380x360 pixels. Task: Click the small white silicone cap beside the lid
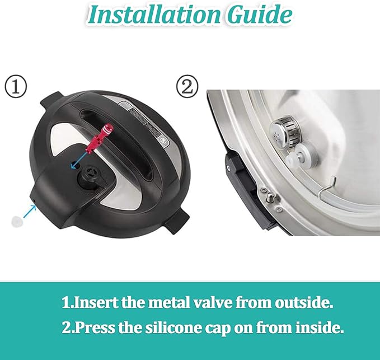[17, 221]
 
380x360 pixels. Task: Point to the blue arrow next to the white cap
[30, 212]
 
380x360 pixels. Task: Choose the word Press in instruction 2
[95, 328]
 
